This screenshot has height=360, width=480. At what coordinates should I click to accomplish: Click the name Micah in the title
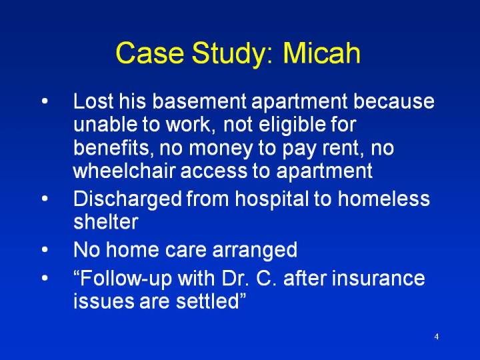tap(321, 53)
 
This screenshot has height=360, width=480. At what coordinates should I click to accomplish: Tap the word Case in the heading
tap(150, 53)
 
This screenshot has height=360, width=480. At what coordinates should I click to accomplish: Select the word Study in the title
tap(232, 54)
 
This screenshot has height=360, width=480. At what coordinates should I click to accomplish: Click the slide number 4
tap(437, 337)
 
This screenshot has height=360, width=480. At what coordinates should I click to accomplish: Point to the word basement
tap(199, 101)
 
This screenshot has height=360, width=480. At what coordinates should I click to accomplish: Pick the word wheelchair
tap(124, 170)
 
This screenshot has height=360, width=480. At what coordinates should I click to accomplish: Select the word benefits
tap(113, 147)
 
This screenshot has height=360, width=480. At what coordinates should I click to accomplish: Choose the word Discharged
tap(127, 199)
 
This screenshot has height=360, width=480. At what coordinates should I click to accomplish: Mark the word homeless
tap(383, 198)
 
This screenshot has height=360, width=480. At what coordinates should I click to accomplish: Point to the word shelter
tap(105, 221)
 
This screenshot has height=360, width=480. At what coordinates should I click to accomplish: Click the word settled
tap(207, 301)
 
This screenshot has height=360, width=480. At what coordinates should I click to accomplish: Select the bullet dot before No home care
tap(45, 249)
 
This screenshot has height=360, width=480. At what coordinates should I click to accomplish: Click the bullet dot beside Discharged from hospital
tap(45, 198)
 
